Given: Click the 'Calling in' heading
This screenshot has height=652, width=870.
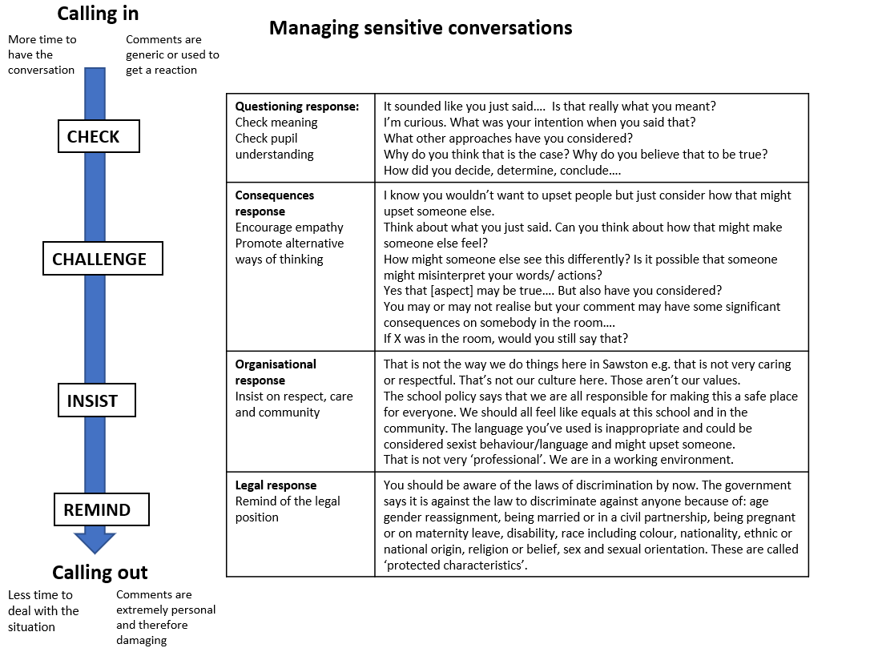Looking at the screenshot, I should tap(98, 14).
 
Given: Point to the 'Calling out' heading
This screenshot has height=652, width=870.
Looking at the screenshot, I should tap(100, 572).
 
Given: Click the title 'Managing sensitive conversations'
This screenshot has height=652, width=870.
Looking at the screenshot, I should tap(421, 28).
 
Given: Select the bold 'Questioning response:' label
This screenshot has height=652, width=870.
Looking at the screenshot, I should tap(297, 107).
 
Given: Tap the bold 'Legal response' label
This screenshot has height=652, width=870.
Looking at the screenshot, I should tap(276, 485).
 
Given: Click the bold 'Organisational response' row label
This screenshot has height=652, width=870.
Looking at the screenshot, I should tap(276, 372).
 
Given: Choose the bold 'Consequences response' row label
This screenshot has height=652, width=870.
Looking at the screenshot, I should tap(274, 203).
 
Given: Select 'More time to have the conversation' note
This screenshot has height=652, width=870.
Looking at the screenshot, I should tap(42, 54).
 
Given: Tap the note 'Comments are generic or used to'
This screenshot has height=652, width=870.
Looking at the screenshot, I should tap(171, 54).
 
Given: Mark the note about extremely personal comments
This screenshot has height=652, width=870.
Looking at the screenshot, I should tap(164, 617).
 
